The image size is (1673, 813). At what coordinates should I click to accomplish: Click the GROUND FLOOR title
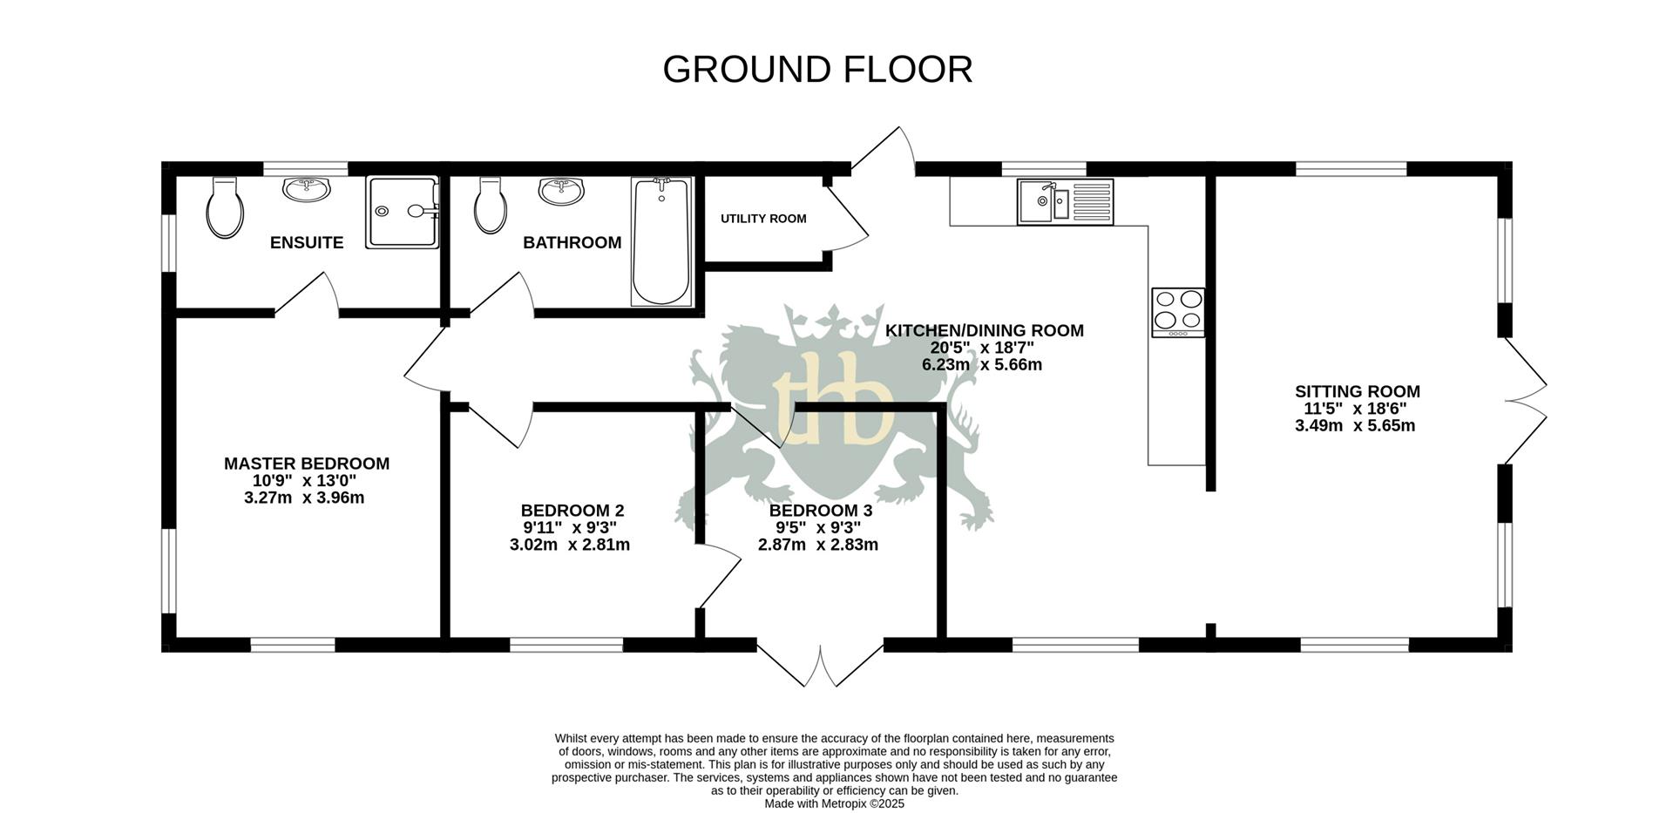click(817, 70)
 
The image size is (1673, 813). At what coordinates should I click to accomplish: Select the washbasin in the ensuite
click(306, 189)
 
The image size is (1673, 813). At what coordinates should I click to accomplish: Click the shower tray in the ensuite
click(401, 213)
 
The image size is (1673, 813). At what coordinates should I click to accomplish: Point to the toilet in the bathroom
click(491, 207)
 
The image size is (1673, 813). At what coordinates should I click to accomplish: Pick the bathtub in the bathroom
click(661, 241)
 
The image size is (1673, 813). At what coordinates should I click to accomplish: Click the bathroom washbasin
click(560, 189)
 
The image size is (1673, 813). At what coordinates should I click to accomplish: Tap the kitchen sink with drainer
click(1065, 201)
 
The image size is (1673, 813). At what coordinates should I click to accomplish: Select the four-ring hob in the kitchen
click(1178, 312)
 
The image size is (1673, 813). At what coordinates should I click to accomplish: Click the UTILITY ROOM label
click(763, 219)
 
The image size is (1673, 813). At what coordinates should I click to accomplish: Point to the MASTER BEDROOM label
click(307, 464)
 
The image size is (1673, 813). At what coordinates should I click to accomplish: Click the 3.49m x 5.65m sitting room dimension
click(1355, 426)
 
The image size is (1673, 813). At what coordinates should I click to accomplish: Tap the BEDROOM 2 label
click(572, 511)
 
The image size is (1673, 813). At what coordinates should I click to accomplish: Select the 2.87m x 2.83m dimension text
click(818, 545)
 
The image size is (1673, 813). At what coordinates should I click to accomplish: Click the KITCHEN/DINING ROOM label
click(985, 331)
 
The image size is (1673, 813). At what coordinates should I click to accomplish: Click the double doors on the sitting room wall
click(1524, 401)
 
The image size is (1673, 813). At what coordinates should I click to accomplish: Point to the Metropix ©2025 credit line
click(834, 803)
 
